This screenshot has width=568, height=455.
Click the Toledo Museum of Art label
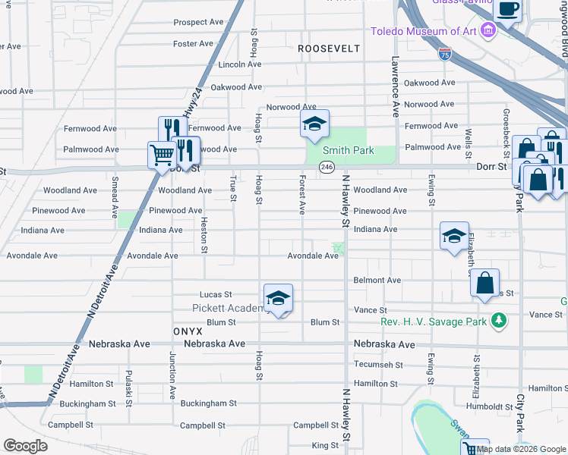tap(423, 31)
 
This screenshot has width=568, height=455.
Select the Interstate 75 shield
tap(444, 54)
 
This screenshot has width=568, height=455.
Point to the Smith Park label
tap(351, 150)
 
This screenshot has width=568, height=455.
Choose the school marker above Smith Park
tap(313, 124)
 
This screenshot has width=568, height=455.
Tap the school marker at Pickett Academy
tap(278, 298)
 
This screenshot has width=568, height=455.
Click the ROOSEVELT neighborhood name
tap(328, 48)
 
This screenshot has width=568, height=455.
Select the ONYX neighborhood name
tap(187, 331)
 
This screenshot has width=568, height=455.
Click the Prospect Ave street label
tap(200, 23)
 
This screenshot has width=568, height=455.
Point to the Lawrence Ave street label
tap(396, 86)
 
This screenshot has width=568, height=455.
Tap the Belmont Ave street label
tap(377, 280)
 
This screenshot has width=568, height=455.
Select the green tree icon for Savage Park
tap(498, 322)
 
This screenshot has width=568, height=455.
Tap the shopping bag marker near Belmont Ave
tap(484, 284)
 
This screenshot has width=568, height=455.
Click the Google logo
tap(24, 446)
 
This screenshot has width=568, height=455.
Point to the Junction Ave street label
tap(173, 376)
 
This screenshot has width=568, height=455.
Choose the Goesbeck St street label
tap(506, 127)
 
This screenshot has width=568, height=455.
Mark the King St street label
tap(324, 445)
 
